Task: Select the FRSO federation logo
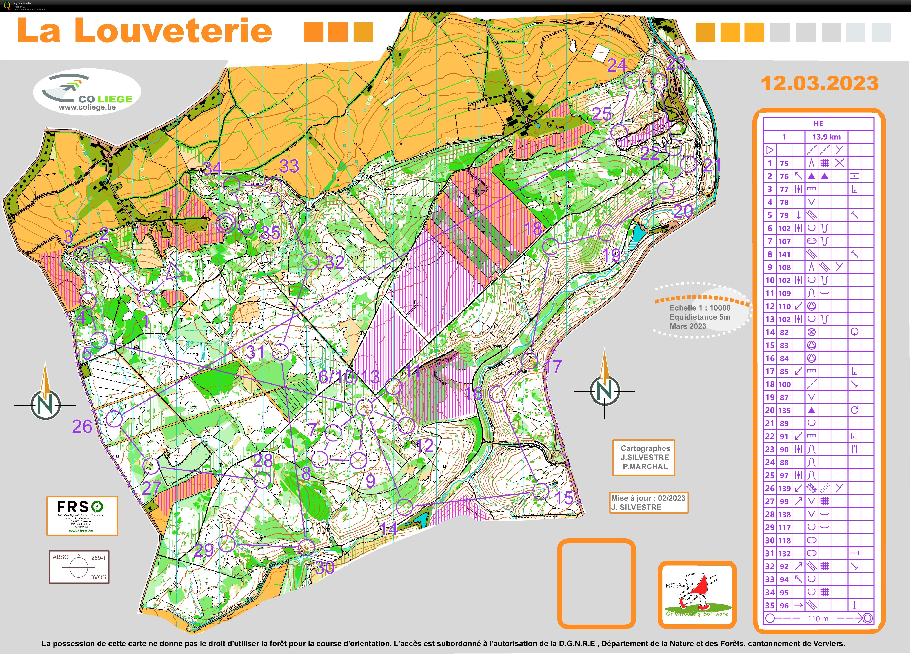coord(82,515)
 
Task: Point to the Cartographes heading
coord(645,448)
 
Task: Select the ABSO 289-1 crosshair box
coord(79,566)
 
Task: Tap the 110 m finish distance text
coord(818,619)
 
